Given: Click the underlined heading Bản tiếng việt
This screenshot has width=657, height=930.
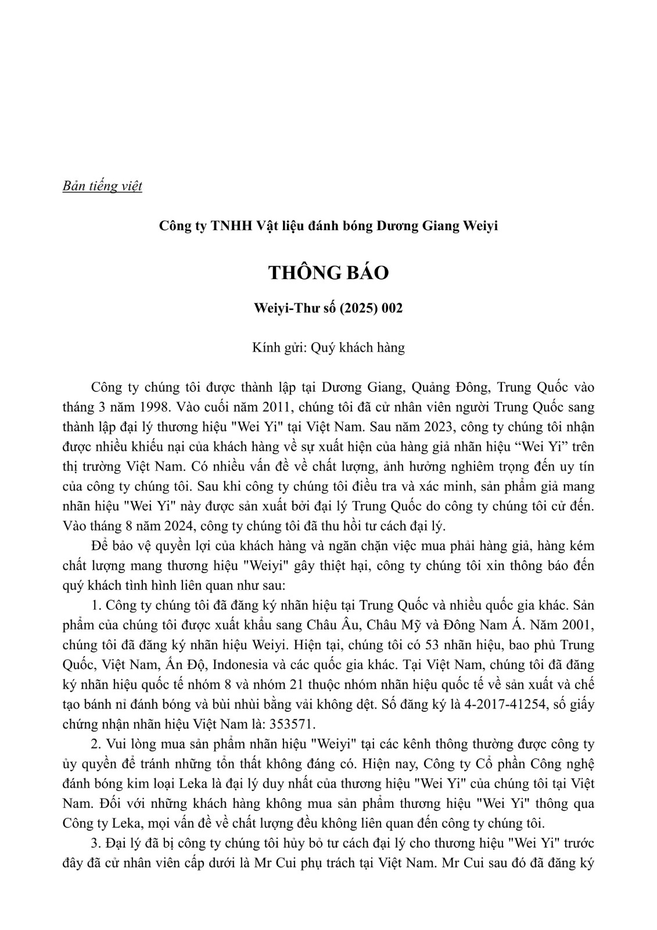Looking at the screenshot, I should [102, 187].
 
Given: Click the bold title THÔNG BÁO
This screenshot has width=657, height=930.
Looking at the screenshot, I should [328, 273].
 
